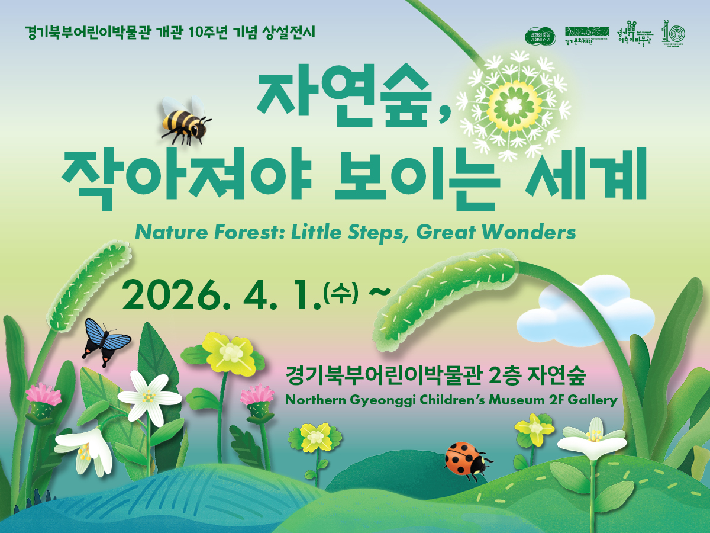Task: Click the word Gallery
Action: coord(592,400)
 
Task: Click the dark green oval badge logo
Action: coord(540,35)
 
